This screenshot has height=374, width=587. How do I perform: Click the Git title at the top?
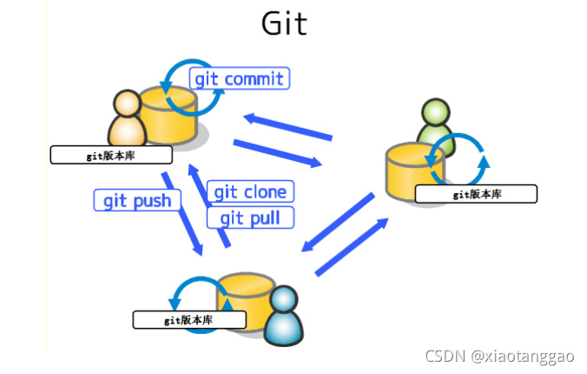(284, 23)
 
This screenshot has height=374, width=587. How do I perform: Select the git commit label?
(239, 79)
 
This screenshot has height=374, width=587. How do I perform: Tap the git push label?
(137, 201)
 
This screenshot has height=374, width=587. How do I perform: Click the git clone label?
(250, 191)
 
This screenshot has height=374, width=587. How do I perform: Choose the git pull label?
(250, 217)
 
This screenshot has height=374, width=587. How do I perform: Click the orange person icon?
(126, 119)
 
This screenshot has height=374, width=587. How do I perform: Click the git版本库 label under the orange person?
(111, 156)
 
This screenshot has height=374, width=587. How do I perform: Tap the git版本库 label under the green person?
(476, 194)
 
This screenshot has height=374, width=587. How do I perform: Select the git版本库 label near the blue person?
(189, 320)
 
